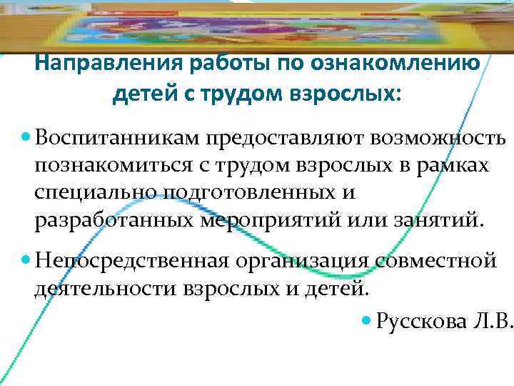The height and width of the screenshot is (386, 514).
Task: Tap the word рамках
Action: tap(454, 165)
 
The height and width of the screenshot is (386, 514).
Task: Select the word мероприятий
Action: tap(281, 220)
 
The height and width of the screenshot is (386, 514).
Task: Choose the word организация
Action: tap(303, 262)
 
